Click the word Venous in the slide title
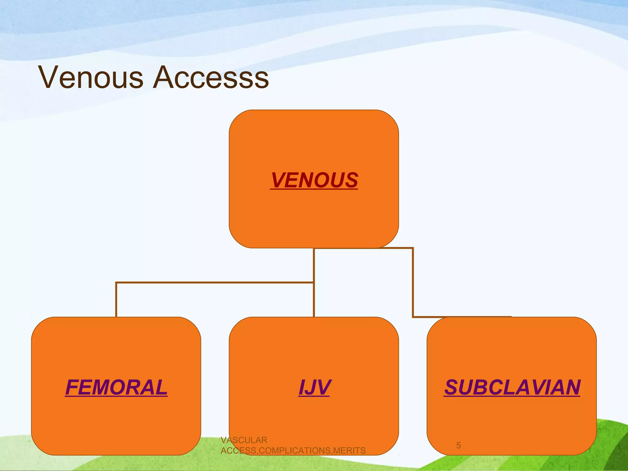(x=91, y=77)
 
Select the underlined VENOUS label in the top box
(x=314, y=180)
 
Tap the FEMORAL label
(x=116, y=387)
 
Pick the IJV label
(x=314, y=387)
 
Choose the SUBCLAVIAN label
(x=512, y=387)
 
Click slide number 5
(x=458, y=445)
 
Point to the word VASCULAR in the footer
(x=244, y=440)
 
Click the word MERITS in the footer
(x=349, y=450)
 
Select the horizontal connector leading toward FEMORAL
(x=215, y=282)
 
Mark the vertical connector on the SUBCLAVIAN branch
(x=413, y=282)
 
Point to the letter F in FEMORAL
(x=72, y=387)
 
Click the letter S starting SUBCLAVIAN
(x=452, y=387)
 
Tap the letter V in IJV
(x=323, y=387)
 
